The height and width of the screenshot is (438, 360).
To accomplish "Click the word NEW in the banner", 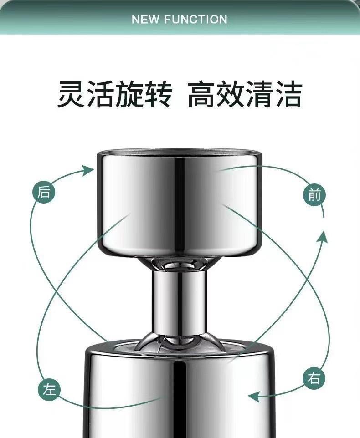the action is tap(146, 19).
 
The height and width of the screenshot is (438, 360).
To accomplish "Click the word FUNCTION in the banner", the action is tap(195, 19).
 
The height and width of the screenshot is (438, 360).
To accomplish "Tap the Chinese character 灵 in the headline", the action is tap(71, 94).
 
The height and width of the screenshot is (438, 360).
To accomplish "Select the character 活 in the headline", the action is tap(101, 94).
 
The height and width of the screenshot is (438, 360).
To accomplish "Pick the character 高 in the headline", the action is tap(201, 94).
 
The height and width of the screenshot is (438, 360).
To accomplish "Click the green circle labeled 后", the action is tap(44, 192).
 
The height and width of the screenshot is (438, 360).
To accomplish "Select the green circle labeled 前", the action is tap(314, 194).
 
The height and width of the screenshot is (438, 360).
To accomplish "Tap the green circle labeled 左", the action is tap(49, 389).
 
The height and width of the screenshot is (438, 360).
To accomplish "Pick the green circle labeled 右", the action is tap(314, 379).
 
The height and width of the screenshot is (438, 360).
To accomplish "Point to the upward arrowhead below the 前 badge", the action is tap(324, 236).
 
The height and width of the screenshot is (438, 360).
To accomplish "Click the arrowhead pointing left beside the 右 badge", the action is tap(254, 397).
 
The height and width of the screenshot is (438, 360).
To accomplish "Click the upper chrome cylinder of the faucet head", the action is tap(180, 203).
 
